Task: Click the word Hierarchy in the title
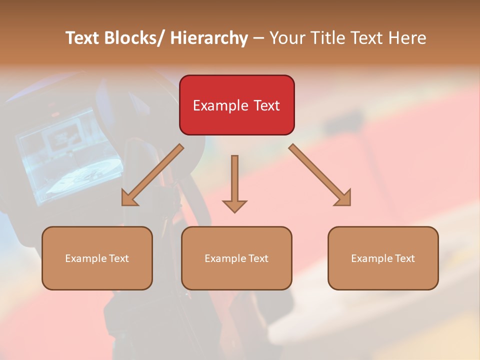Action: [209, 38]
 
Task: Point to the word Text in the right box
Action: [405, 258]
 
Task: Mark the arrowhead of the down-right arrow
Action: [343, 198]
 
